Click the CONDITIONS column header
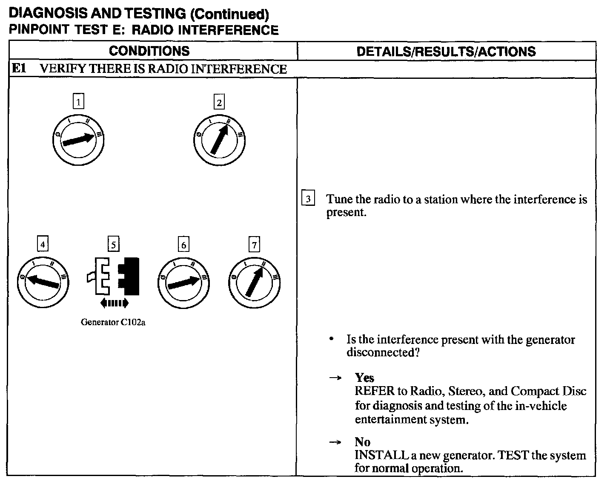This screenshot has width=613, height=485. pos(149,51)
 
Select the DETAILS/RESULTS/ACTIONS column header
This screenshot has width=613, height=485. pos(446,52)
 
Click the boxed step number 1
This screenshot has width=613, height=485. pos(78,102)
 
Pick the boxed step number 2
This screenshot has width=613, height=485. pos(219,102)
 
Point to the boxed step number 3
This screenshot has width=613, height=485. pos(308,199)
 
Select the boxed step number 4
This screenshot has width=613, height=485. pos(43,245)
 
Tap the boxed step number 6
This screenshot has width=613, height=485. pos(183,245)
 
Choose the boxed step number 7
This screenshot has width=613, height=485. pos(254,245)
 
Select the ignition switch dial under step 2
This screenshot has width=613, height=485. pos(219,140)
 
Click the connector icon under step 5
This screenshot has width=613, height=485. pos(114,276)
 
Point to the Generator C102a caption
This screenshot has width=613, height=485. pos(113,322)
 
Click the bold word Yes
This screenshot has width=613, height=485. pos(364,378)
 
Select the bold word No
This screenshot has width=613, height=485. pos(362,442)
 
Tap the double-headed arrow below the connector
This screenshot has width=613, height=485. pos(114,303)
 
